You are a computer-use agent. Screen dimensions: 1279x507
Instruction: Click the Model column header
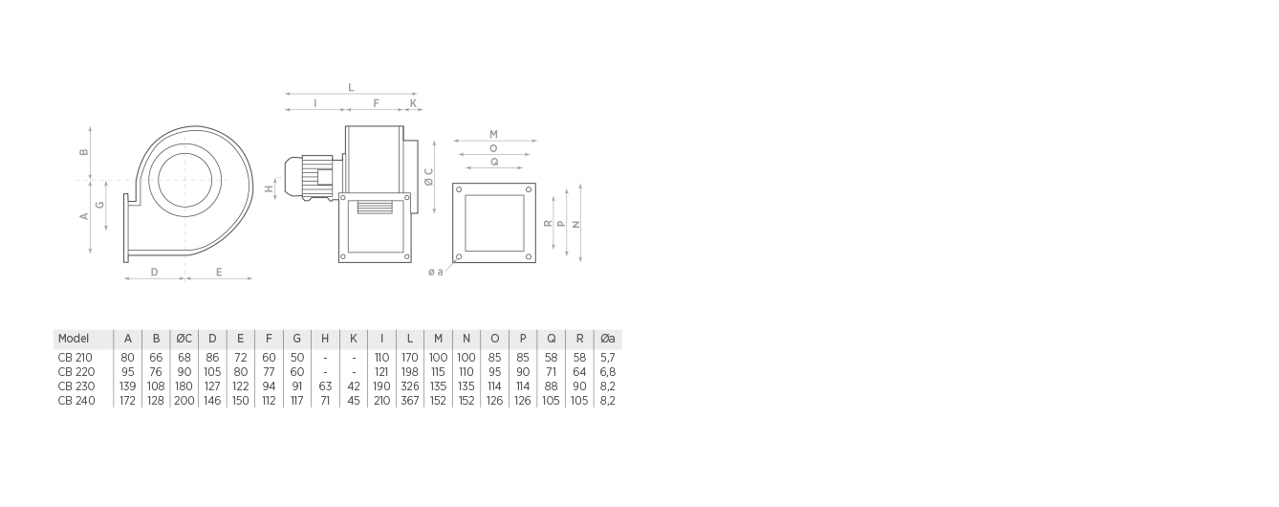[73, 339]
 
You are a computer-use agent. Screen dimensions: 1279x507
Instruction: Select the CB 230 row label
[76, 386]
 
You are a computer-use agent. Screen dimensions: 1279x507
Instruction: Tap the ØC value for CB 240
[184, 401]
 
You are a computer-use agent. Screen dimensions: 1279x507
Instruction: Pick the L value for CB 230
[410, 386]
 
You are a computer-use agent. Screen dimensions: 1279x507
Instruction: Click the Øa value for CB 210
[608, 358]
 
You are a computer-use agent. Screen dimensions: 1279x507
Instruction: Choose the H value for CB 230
[325, 386]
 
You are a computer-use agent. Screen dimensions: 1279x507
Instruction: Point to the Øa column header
[608, 339]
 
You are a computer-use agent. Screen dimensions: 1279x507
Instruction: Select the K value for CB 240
[354, 401]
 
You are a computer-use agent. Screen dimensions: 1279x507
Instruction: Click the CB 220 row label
[76, 372]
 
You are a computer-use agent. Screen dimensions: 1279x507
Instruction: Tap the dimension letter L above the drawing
[351, 87]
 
